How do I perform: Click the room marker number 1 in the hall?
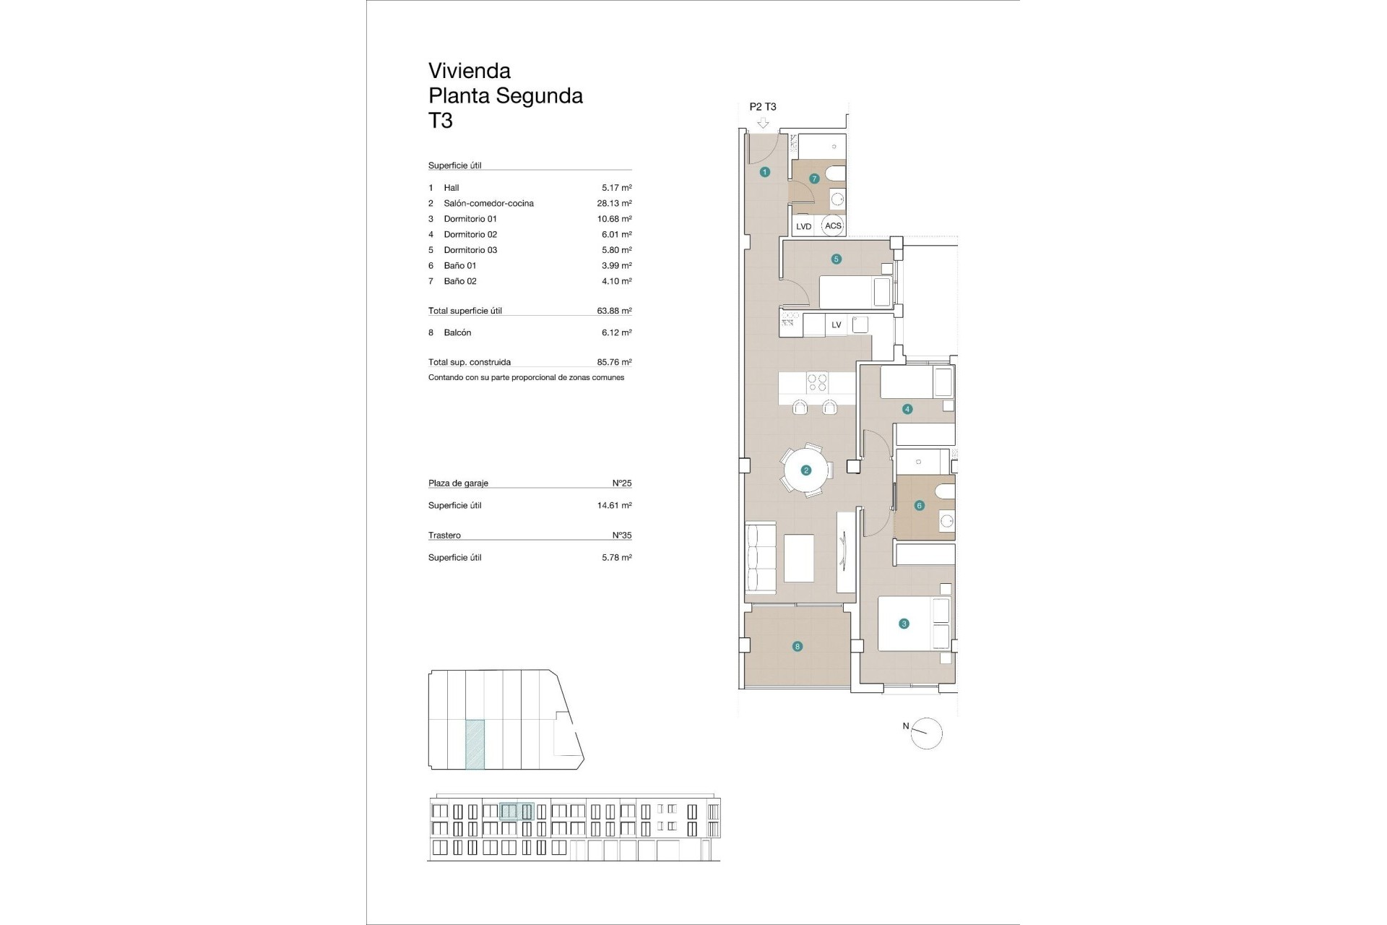765,172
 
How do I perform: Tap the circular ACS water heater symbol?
833,225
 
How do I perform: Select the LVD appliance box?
803,226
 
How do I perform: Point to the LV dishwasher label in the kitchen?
837,325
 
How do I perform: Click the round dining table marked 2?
806,470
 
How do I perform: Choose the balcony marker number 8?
798,647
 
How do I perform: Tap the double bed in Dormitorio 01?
913,624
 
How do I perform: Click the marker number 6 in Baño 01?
920,506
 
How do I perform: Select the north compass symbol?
927,733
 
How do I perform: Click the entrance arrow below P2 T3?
763,124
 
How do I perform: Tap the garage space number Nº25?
622,483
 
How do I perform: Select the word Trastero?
444,535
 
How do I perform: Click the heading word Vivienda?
470,71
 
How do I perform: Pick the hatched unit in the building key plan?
475,744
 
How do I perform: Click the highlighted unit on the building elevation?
517,812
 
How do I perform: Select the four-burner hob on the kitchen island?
817,382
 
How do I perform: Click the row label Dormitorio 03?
470,250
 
